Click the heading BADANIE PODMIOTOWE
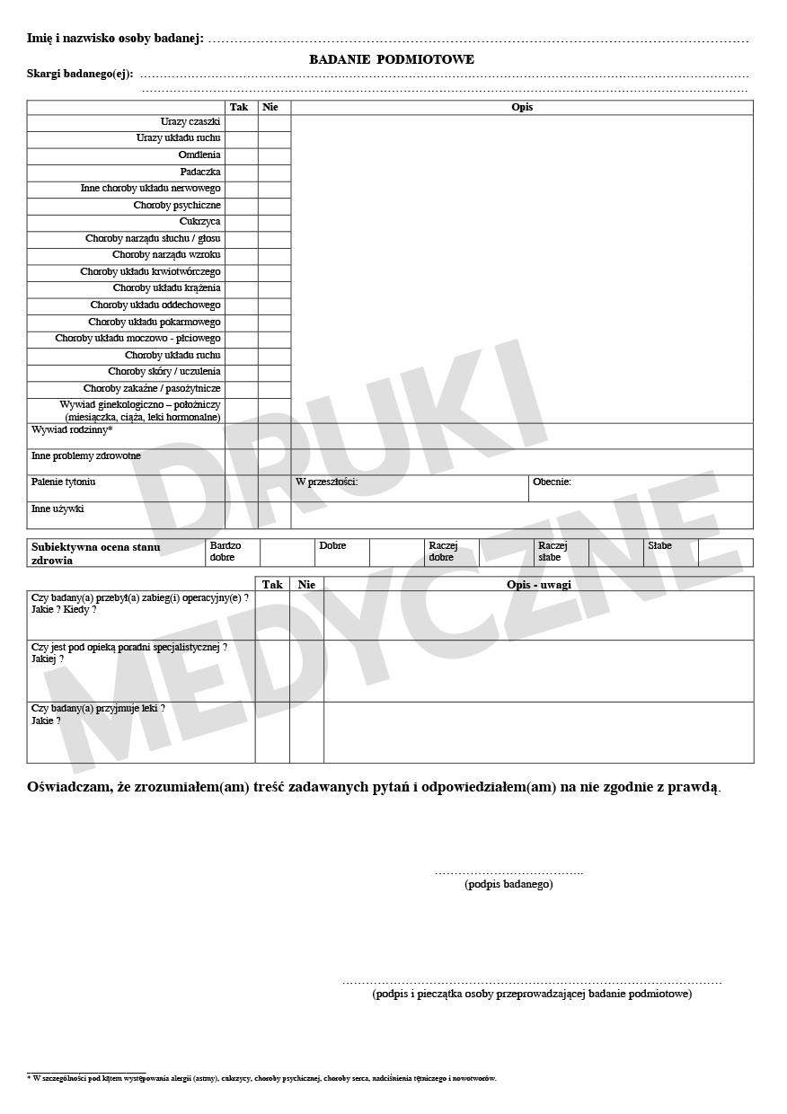[392, 59]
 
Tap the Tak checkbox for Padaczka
[241, 172]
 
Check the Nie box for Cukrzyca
[274, 223]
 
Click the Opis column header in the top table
[521, 107]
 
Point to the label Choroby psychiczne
[177, 206]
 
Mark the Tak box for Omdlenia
[241, 155]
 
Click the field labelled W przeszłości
[410, 488]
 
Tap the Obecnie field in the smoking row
[640, 488]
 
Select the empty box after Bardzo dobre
[287, 552]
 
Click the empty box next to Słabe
[725, 552]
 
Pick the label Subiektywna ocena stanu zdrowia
[96, 553]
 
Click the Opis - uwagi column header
[538, 584]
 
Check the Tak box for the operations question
[272, 615]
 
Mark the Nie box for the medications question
[306, 732]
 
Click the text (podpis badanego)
[508, 884]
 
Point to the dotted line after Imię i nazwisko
[478, 40]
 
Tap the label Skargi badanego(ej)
[80, 74]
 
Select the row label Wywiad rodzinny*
[72, 430]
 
